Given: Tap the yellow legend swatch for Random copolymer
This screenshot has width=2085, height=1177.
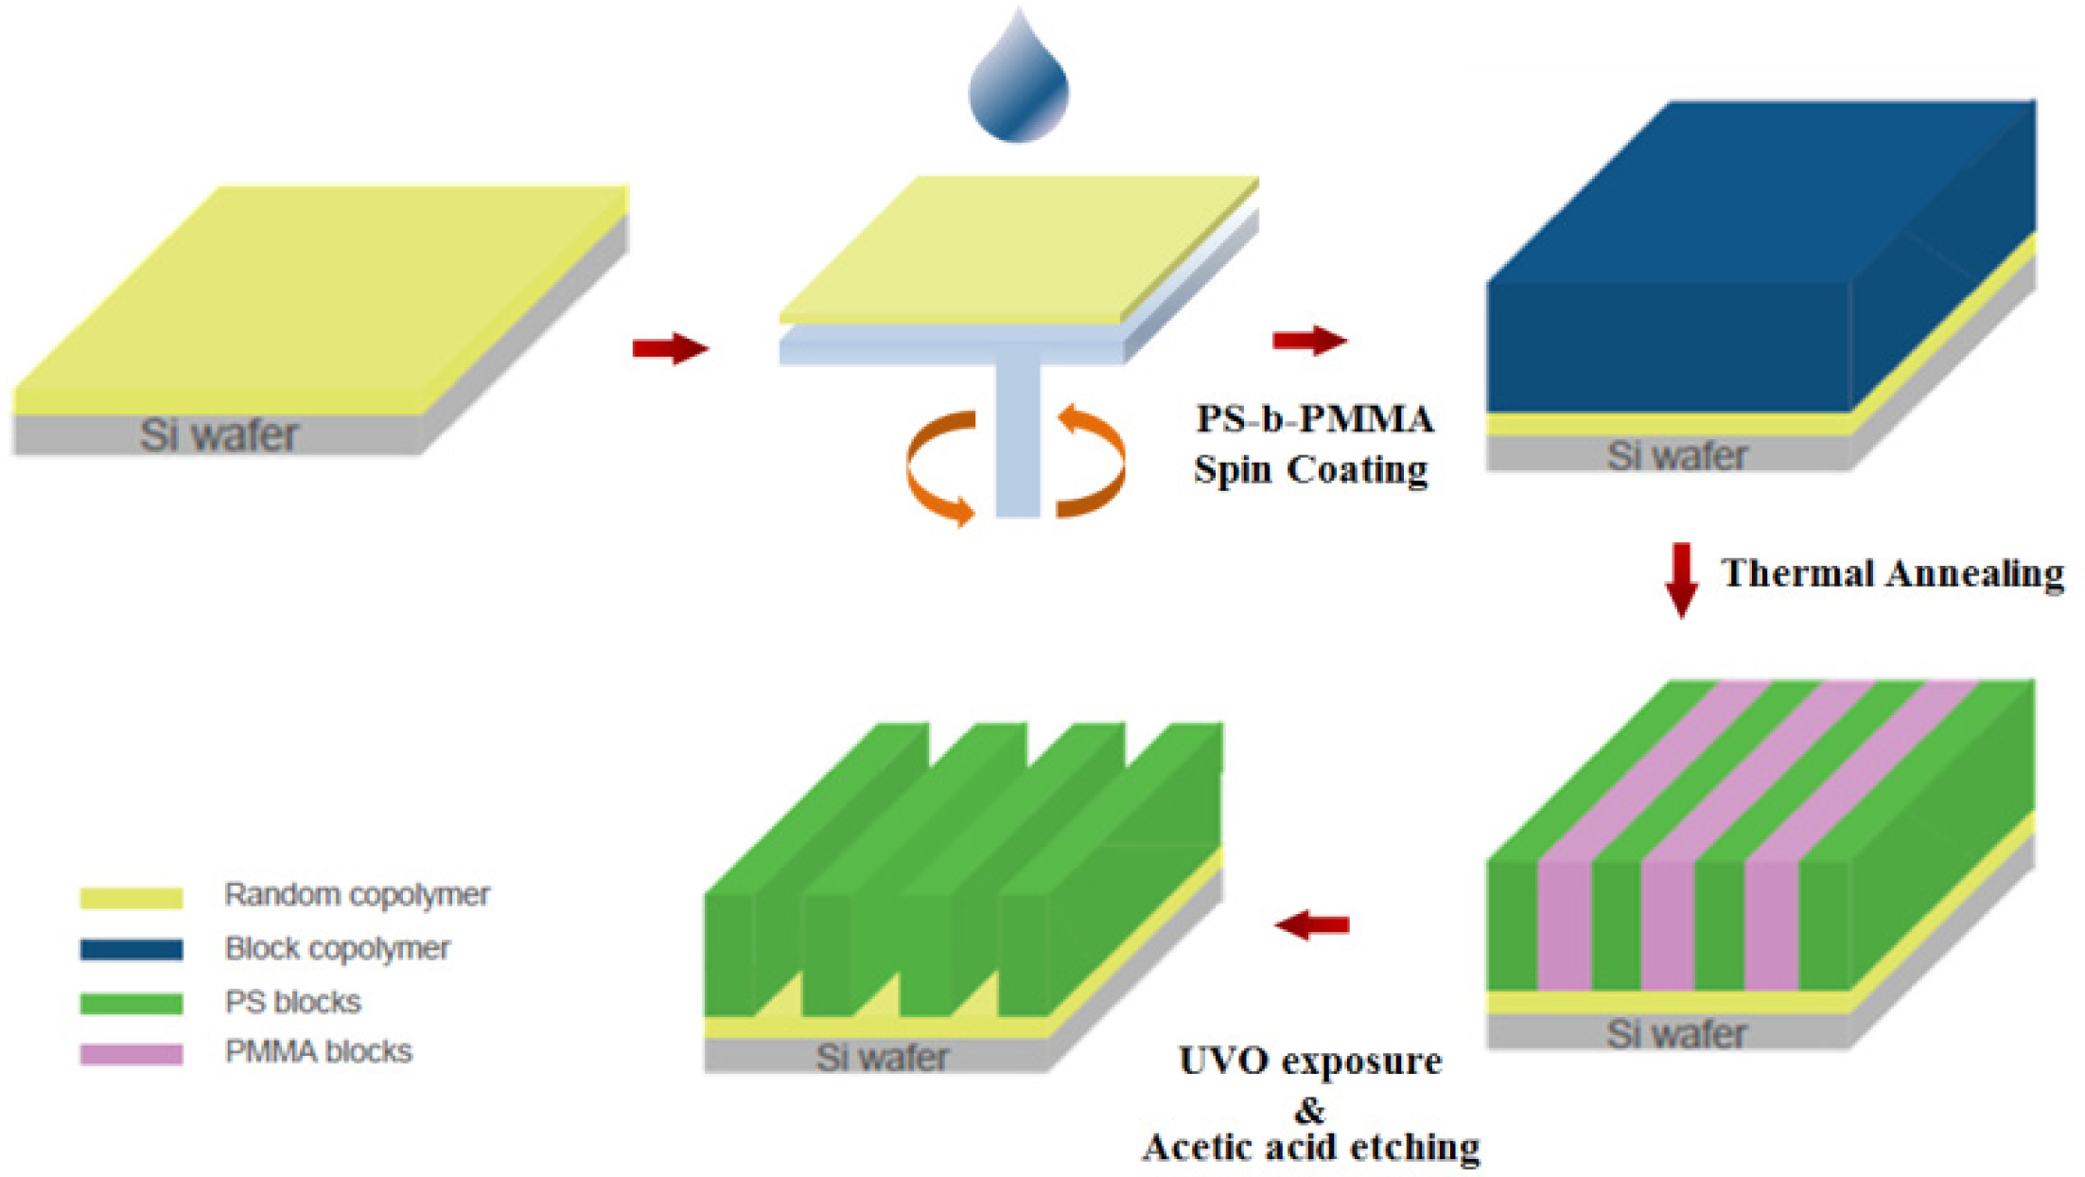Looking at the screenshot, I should (x=131, y=896).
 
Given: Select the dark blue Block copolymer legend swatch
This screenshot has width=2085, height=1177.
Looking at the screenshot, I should (x=131, y=949).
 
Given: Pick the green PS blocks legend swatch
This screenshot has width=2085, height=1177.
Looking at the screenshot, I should (x=131, y=1002).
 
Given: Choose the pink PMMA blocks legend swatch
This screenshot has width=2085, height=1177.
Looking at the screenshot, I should (x=131, y=1053).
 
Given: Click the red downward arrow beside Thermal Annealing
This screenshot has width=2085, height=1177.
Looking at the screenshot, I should (x=1681, y=579).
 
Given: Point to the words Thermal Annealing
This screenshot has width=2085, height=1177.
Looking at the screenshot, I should (x=1892, y=573).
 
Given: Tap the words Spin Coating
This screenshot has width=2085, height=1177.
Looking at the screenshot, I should (x=1310, y=469).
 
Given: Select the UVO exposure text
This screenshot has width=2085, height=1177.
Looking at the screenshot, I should (x=1310, y=1062).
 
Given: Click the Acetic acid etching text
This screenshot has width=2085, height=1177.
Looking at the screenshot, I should (x=1310, y=1148).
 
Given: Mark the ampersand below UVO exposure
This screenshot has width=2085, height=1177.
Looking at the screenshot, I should (x=1309, y=1107).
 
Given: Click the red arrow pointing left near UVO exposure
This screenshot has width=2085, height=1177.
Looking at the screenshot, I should (x=1312, y=924).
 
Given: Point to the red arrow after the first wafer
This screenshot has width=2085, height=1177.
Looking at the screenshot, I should (x=670, y=348).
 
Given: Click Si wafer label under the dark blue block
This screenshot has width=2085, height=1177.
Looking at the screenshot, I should (x=1676, y=456).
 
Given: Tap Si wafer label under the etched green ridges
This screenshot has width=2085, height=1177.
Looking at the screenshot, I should (x=882, y=1057).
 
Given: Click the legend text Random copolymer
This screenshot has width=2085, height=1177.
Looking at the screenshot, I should (x=357, y=894).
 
